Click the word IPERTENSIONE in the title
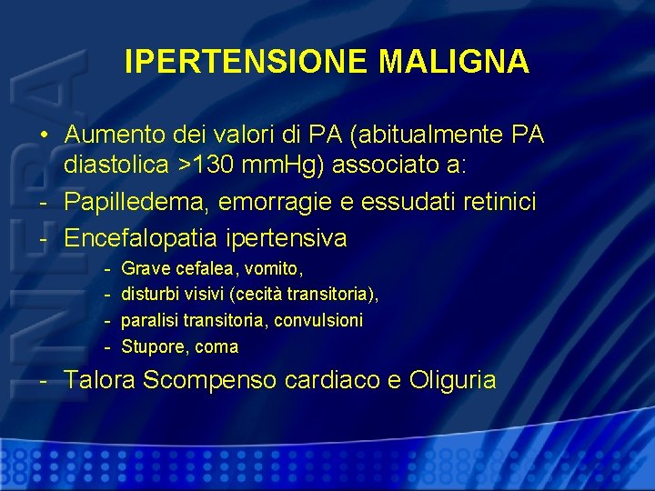247,61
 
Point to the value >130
217,167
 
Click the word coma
217,346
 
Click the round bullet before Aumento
44,135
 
